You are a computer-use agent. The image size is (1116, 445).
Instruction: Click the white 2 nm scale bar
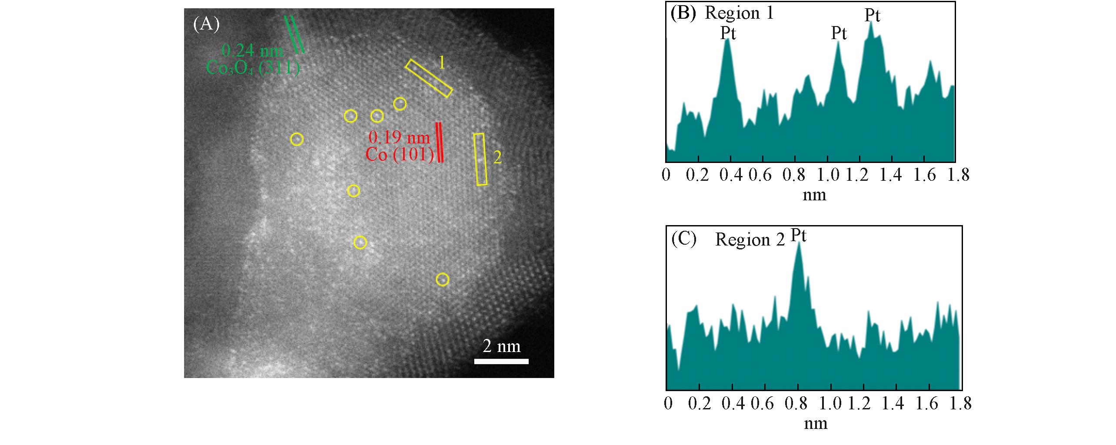(501, 361)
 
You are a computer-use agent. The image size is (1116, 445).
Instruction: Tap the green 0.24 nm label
(252, 51)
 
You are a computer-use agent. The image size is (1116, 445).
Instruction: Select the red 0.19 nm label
(399, 138)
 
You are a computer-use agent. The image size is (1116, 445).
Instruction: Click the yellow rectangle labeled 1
(429, 78)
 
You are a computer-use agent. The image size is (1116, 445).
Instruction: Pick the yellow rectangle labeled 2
(480, 159)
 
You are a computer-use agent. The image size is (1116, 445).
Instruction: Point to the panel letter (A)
(206, 24)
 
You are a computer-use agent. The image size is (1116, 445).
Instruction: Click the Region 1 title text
(739, 13)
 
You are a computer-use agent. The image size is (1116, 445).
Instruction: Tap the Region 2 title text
(750, 239)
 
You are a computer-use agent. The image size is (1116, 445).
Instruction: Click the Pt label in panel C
(799, 236)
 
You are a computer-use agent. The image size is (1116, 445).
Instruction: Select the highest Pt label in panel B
(872, 16)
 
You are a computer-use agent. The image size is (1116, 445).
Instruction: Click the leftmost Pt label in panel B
(728, 33)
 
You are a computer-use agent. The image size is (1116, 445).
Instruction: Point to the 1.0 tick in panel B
(829, 175)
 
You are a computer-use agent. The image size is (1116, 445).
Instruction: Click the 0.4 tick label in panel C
(733, 404)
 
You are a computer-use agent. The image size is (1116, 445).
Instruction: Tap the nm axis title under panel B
(814, 195)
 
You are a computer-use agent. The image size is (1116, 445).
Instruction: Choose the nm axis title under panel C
(815, 423)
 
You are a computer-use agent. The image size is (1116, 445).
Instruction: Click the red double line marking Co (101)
(440, 143)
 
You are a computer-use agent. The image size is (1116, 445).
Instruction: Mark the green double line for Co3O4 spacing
(294, 35)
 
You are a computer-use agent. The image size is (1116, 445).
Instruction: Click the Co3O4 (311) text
(253, 68)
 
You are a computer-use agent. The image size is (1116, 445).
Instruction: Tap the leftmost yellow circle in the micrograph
(296, 139)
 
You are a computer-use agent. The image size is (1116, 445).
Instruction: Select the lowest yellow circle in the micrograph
(442, 279)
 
